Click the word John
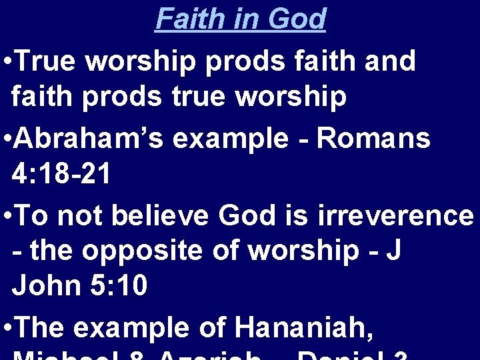[x=44, y=287]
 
